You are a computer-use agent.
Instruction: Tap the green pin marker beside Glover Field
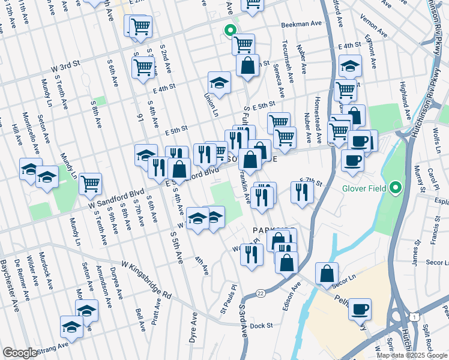point(395,188)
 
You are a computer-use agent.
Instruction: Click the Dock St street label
point(262,326)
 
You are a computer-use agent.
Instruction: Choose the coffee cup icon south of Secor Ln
point(360,309)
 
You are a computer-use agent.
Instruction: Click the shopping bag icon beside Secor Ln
point(326,273)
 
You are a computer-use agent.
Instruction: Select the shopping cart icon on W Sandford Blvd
point(90,183)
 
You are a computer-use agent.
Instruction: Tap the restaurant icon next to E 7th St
point(302,193)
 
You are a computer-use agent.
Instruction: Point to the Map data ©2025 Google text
point(411,355)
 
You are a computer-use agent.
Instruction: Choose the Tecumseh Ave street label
point(286,58)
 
